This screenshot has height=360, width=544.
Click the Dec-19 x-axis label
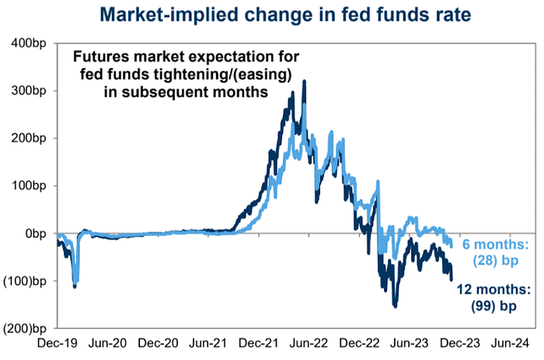[58, 343]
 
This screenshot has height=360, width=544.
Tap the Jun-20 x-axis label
[109, 343]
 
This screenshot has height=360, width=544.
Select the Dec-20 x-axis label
[160, 343]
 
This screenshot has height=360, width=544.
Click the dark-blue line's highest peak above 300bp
[304, 81]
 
